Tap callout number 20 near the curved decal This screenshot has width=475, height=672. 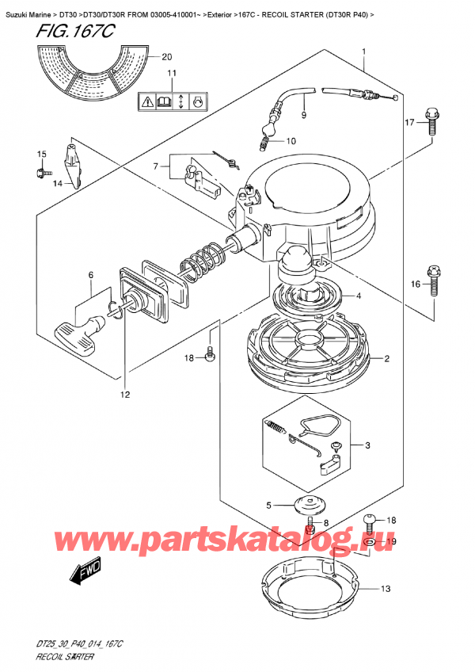[165, 57]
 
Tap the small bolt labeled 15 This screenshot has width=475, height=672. [43, 170]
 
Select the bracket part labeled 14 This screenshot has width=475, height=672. [72, 162]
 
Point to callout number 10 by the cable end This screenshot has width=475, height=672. [291, 142]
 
